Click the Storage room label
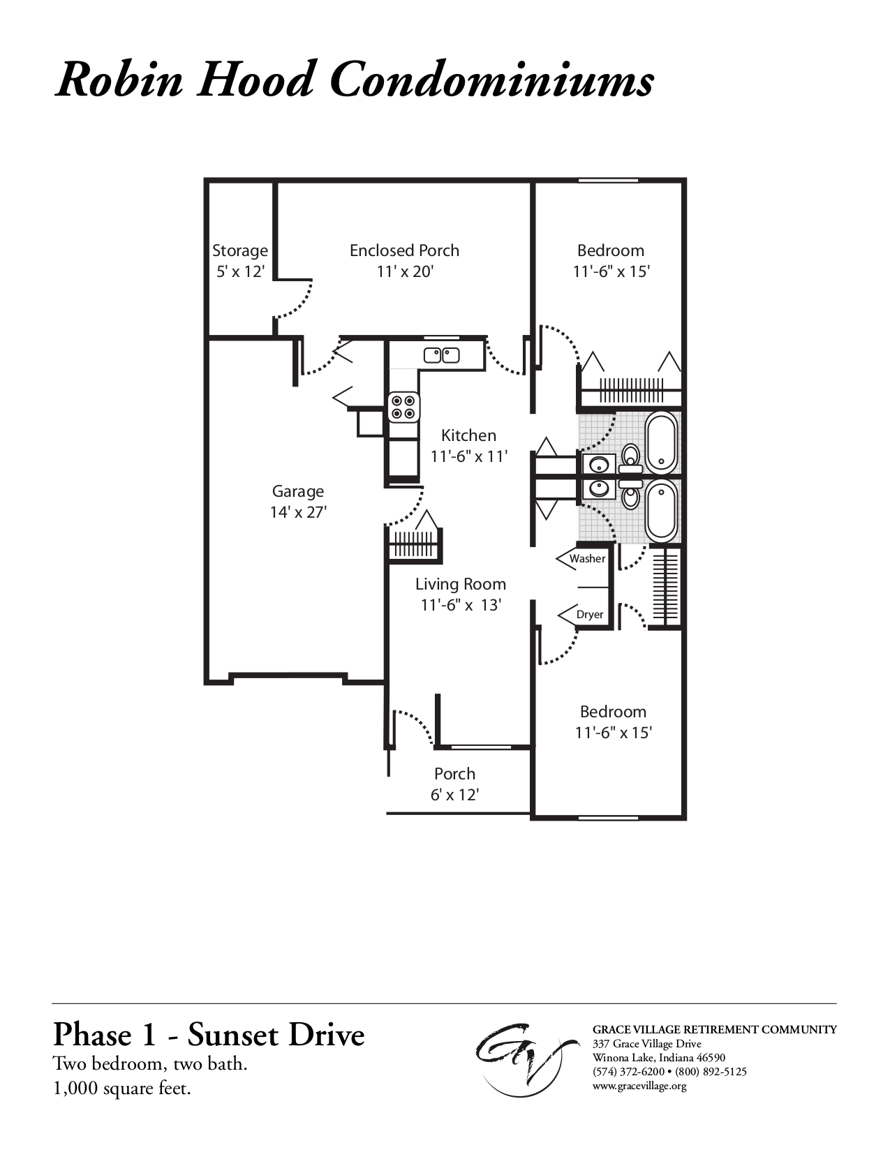tap(239, 250)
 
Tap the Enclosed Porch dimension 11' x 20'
tap(405, 271)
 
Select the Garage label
tap(298, 491)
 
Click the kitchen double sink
tap(441, 355)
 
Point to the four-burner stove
tap(404, 407)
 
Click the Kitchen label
tap(468, 435)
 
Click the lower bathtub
tap(661, 511)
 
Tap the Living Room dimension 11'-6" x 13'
tap(461, 605)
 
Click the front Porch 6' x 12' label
tap(454, 784)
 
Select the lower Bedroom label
tap(613, 712)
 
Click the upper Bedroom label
tap(611, 250)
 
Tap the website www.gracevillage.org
tap(639, 1086)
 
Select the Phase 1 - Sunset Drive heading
tap(209, 1035)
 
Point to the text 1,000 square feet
tap(122, 1088)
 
